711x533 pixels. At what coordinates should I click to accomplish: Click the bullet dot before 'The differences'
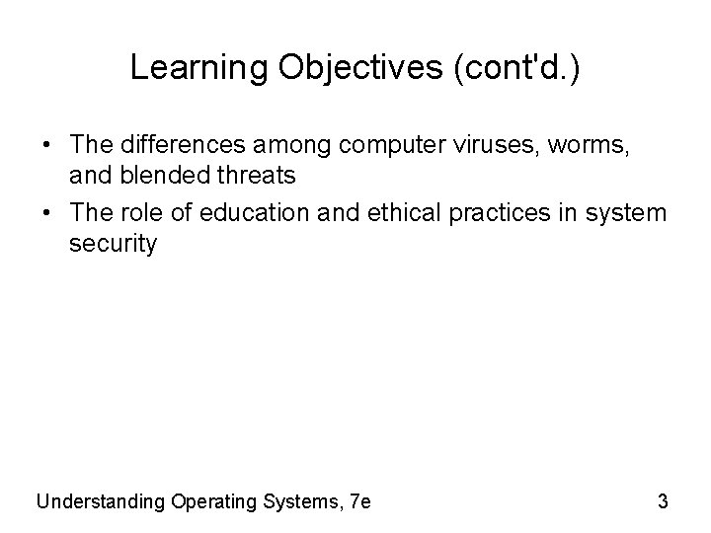point(46,146)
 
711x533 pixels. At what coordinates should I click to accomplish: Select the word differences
point(191,145)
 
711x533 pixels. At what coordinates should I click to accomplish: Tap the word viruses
point(500,145)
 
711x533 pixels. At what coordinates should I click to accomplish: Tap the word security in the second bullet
point(113,244)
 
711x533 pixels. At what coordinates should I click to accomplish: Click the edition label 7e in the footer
point(360,501)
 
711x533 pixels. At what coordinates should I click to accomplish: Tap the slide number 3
point(663,501)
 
